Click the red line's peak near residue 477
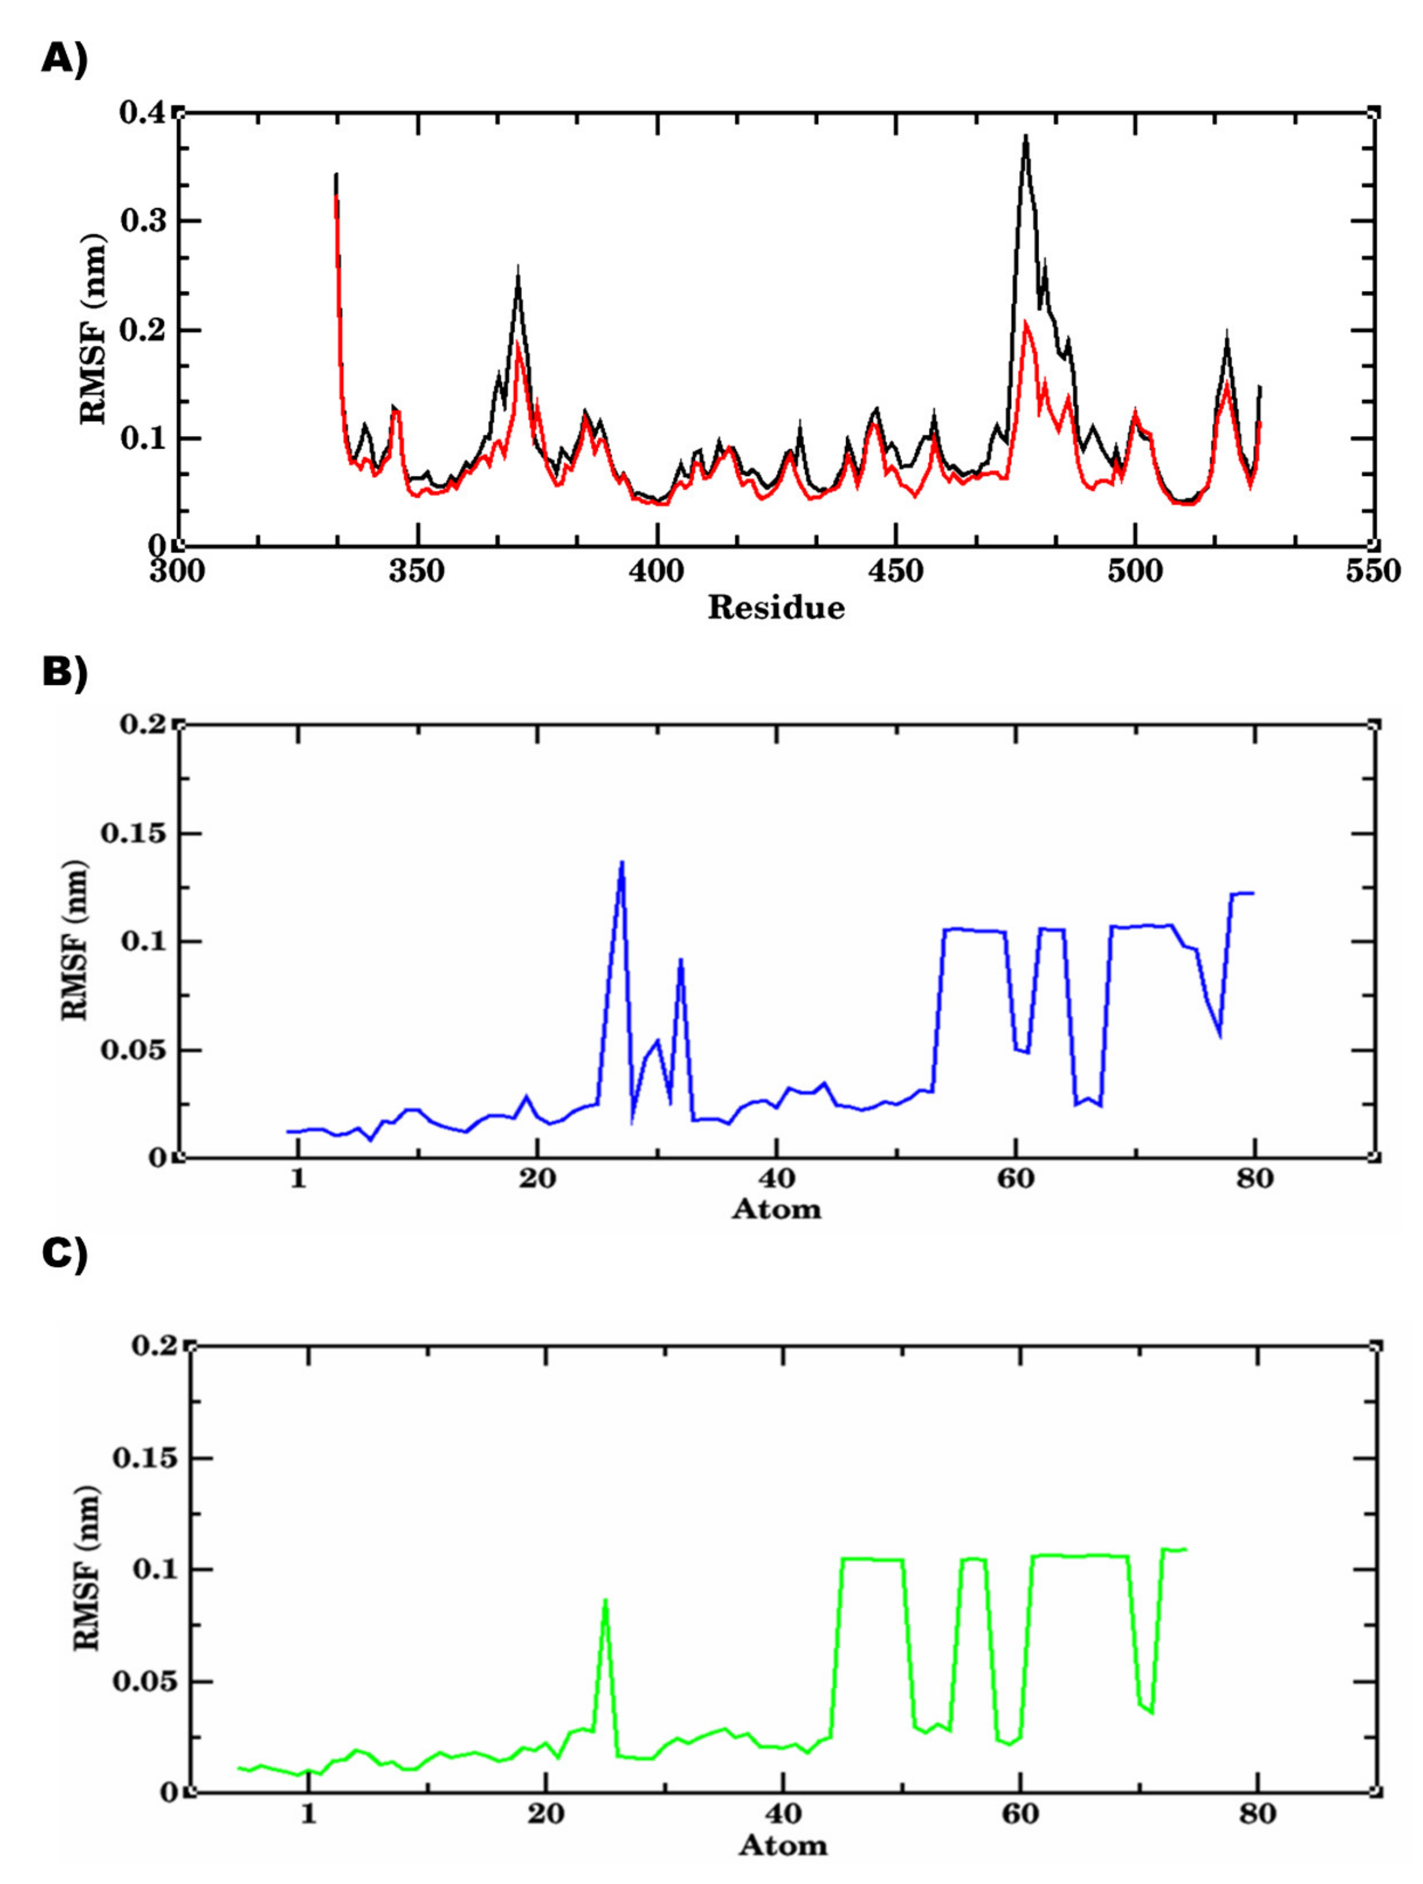click(x=1026, y=322)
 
